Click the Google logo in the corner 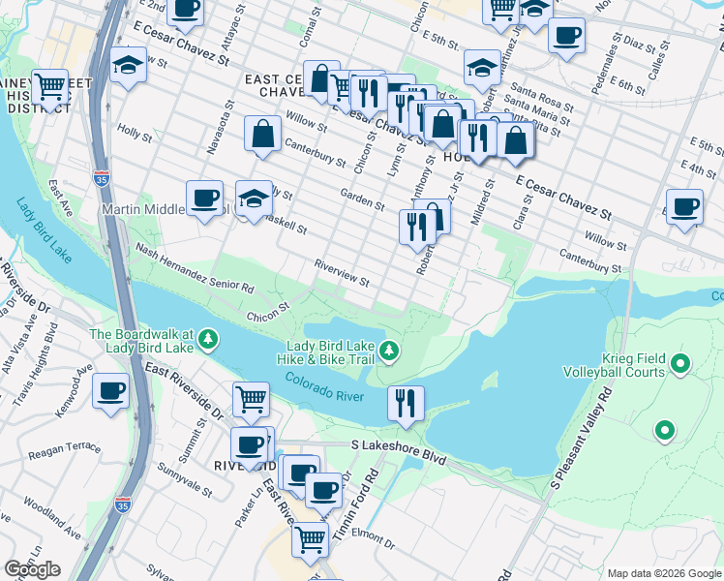(x=32, y=569)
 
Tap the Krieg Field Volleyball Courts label (x=623, y=364)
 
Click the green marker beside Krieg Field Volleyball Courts (x=680, y=364)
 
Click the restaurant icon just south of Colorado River (x=406, y=402)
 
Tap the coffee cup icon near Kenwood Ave (x=110, y=391)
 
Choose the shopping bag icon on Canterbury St (x=263, y=135)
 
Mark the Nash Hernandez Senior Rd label (x=194, y=268)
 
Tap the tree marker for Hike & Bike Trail (x=389, y=350)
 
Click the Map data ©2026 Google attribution (x=664, y=573)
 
